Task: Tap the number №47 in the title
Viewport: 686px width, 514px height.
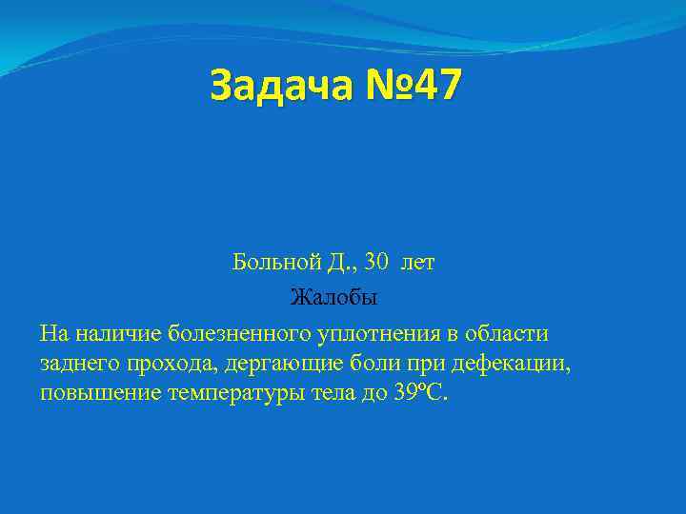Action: pyautogui.click(x=409, y=86)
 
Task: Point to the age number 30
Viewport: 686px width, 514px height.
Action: pyautogui.click(x=377, y=263)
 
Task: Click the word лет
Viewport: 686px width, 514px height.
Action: pyautogui.click(x=418, y=263)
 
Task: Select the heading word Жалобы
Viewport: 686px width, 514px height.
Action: pyautogui.click(x=334, y=298)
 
